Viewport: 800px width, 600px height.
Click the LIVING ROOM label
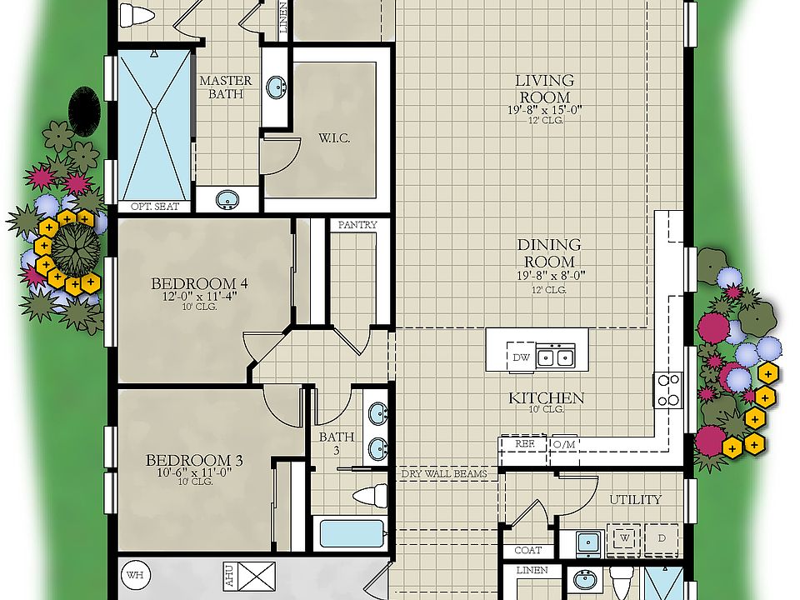544,89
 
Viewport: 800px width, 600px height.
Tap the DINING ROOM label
548,253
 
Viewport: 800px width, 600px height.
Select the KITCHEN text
547,398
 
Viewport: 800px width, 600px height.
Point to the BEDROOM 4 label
200,283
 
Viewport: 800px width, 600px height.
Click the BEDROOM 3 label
188,460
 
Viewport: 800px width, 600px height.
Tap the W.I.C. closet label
333,137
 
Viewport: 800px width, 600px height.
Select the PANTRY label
357,225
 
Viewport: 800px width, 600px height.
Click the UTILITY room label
636,499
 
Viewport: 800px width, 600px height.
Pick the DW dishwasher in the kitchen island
521,357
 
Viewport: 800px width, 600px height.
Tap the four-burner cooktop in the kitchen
668,390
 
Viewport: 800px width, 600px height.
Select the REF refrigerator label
524,444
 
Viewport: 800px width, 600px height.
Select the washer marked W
623,538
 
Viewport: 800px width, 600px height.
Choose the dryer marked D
662,538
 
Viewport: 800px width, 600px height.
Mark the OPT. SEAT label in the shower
154,207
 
